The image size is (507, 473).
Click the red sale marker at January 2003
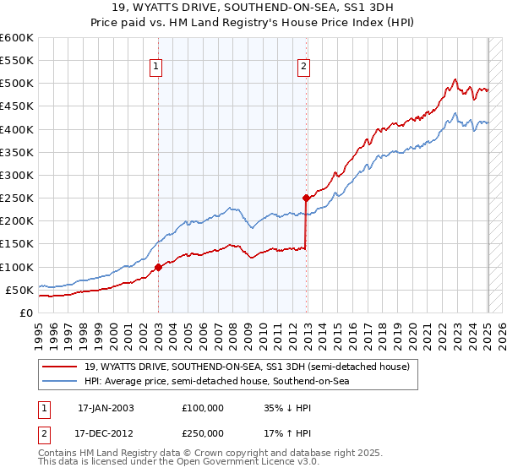tap(158, 267)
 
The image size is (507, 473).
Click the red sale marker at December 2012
tap(306, 198)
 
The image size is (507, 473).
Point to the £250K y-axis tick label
tap(17, 198)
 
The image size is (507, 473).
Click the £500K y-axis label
tap(17, 83)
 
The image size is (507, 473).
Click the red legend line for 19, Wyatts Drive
tap(61, 367)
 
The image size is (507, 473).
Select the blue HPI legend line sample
tap(61, 381)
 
